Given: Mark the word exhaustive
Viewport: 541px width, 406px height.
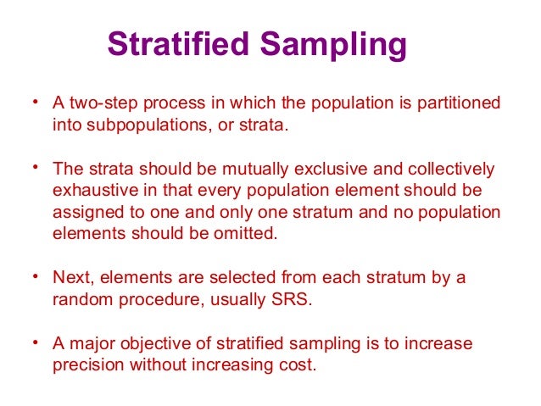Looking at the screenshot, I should (x=90, y=191).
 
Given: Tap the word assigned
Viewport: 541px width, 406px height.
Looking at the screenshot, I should (x=86, y=213).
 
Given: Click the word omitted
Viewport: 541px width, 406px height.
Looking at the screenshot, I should (x=247, y=234).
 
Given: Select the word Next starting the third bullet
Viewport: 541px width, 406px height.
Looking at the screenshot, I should (x=70, y=278).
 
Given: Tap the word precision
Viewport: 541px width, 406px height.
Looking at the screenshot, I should (x=85, y=366).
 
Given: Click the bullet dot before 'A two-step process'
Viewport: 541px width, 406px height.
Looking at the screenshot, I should (x=36, y=103).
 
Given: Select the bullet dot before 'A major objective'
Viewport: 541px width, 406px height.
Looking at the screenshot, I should (x=36, y=343).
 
